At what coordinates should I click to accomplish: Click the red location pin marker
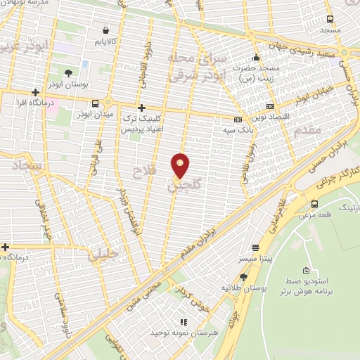click(x=181, y=166)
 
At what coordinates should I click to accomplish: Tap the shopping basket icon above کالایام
click(x=105, y=30)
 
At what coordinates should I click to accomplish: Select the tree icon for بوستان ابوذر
click(x=67, y=73)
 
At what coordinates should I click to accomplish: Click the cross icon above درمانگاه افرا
click(x=35, y=92)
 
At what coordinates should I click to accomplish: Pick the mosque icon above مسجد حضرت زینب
click(x=256, y=58)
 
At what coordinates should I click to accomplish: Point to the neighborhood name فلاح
click(x=146, y=169)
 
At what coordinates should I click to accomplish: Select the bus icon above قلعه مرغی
click(x=314, y=204)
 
